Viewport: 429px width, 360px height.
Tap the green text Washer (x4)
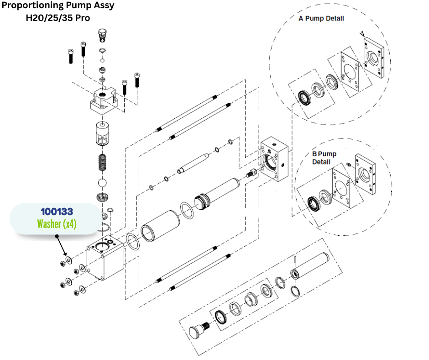pos(57,225)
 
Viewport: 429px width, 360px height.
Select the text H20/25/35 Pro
pos(57,18)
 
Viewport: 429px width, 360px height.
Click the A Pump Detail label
pos(321,19)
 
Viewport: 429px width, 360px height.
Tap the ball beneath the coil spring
pos(103,183)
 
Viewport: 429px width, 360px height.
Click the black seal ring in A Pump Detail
pos(303,97)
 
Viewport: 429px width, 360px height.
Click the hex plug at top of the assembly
pos(103,34)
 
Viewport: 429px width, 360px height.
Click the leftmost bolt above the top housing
pos(70,57)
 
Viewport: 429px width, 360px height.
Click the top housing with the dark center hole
pos(106,100)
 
